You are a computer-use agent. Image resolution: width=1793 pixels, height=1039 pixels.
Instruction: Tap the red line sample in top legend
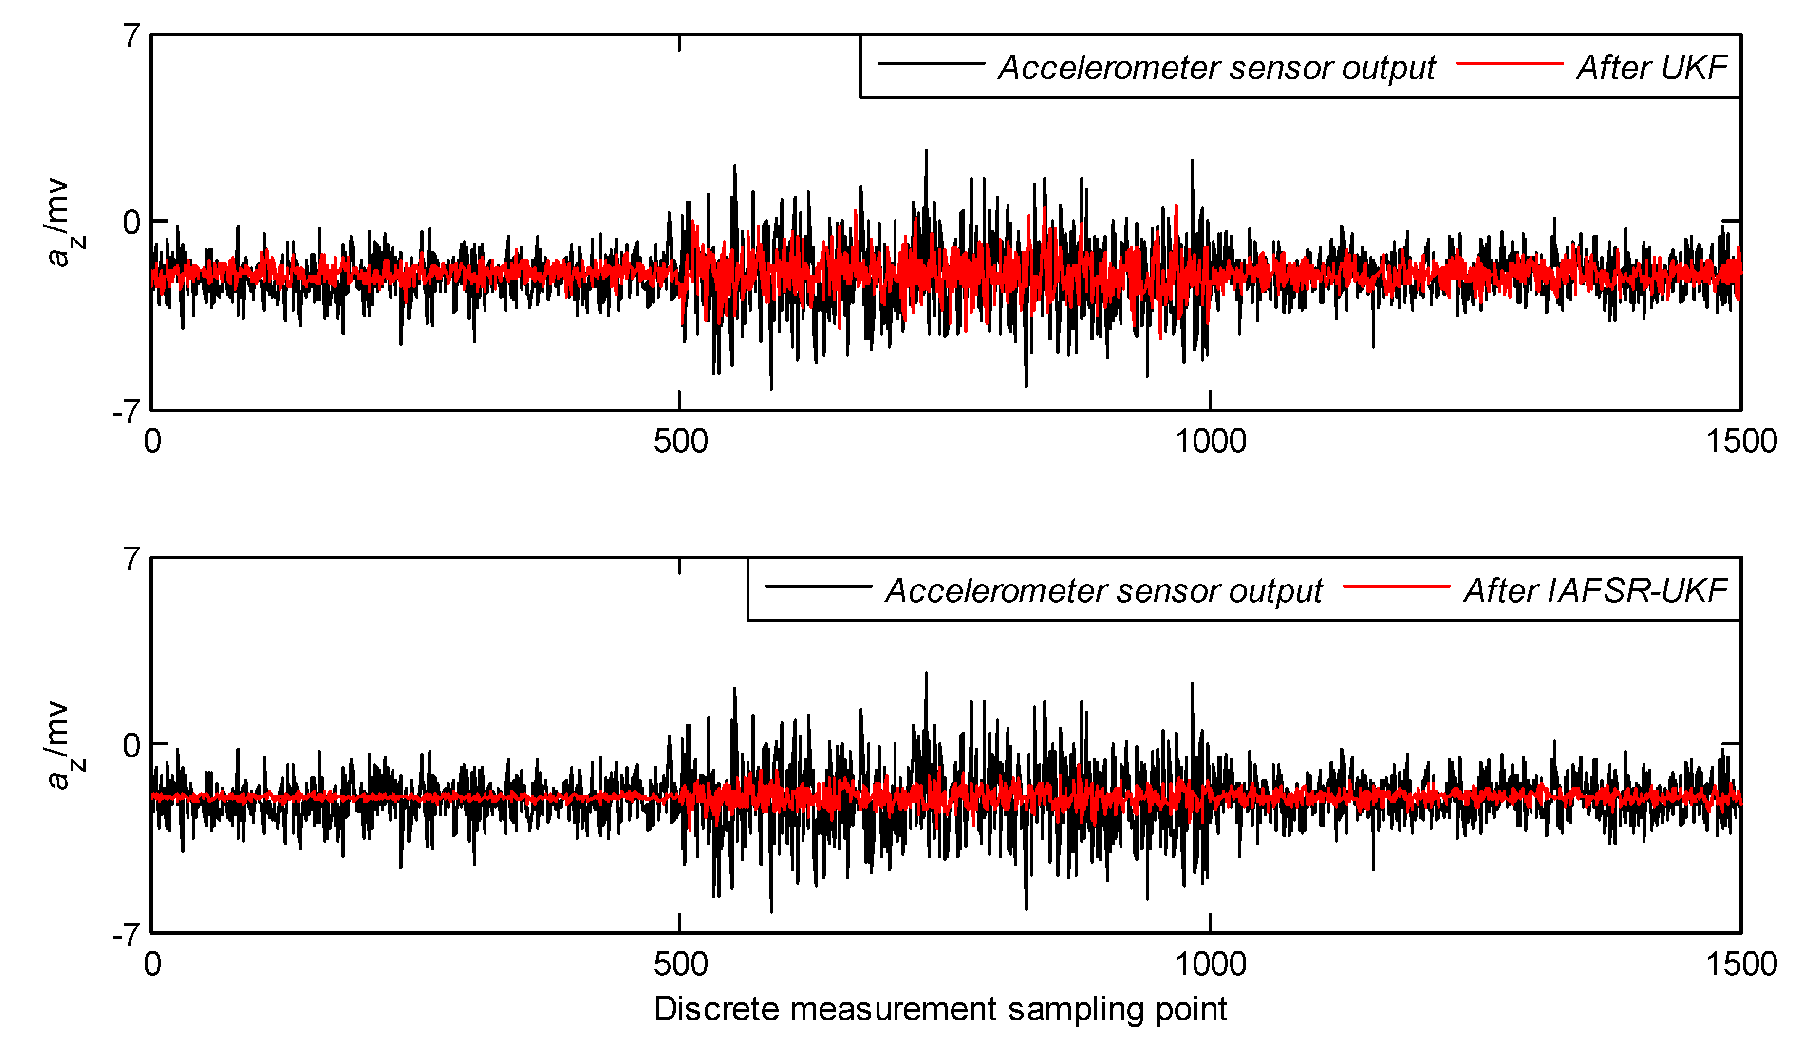point(1509,64)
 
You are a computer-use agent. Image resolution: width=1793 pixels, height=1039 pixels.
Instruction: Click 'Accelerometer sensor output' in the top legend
point(1216,68)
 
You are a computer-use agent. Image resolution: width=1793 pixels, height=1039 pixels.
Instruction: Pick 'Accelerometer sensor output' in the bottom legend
point(1103,591)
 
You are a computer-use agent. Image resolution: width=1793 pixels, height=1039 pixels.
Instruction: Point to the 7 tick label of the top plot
point(131,36)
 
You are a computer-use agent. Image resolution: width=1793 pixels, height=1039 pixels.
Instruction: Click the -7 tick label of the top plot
point(126,412)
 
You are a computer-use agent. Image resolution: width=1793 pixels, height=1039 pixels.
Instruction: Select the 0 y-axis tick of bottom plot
point(131,746)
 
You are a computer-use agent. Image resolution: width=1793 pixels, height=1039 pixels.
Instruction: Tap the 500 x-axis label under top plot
point(680,442)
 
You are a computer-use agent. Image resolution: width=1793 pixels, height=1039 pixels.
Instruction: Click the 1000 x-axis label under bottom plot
point(1210,964)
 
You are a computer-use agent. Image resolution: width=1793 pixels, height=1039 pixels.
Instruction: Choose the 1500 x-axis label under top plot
point(1740,442)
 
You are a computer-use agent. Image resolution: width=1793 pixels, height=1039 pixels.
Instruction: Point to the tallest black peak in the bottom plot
point(926,673)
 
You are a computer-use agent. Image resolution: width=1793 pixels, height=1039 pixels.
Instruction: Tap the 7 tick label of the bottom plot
point(131,559)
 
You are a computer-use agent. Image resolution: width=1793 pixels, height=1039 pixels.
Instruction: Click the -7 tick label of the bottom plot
point(126,935)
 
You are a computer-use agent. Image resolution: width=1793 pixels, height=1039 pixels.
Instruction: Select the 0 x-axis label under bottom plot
point(152,964)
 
